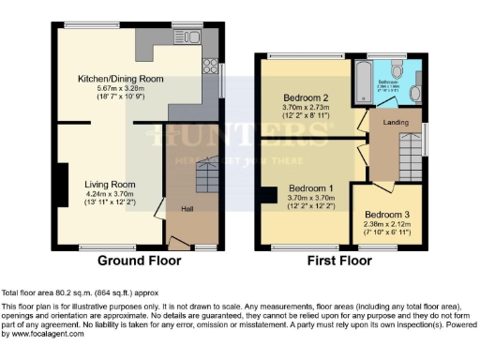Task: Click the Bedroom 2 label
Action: [x=306, y=98]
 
